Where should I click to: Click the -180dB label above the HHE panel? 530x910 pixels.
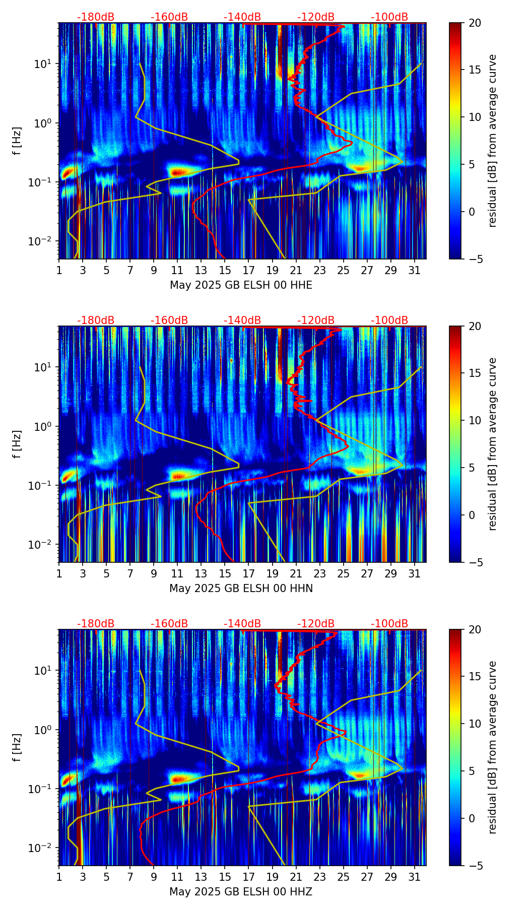point(96,17)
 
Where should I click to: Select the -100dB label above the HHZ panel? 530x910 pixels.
point(389,624)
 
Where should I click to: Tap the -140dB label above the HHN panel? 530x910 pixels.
point(242,320)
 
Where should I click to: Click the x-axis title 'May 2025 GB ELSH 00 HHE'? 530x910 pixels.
point(241,285)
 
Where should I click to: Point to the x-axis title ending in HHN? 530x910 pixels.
point(241,589)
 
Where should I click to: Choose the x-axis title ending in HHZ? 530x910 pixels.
point(241,892)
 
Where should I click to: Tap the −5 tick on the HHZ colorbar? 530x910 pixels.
point(473,866)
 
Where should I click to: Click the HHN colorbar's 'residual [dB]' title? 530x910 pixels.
point(493,444)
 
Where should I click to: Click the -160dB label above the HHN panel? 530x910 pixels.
point(169,320)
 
